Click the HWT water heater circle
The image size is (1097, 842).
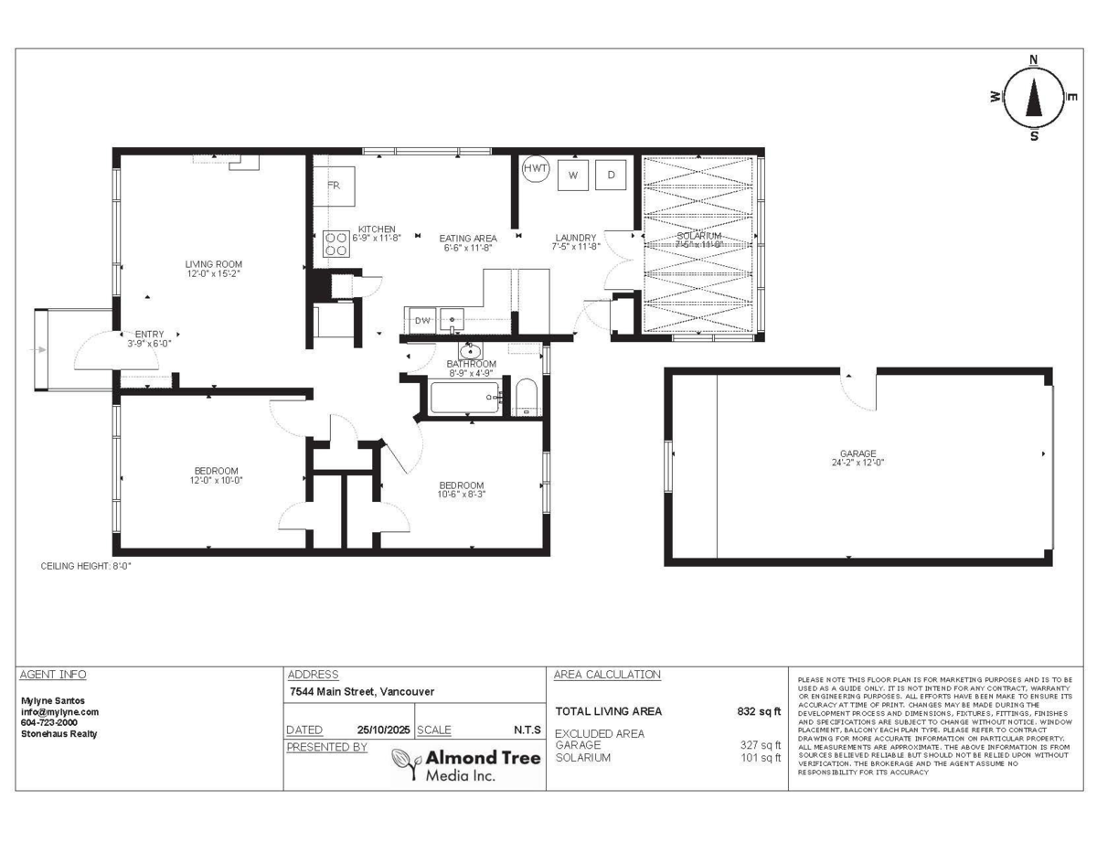(x=536, y=169)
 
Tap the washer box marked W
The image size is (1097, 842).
(x=573, y=175)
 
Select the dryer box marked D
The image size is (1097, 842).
(x=611, y=175)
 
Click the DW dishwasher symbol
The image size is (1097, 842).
(x=422, y=320)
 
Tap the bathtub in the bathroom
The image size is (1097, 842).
(x=464, y=398)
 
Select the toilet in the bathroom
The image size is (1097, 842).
(x=525, y=399)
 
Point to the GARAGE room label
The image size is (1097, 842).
(x=858, y=453)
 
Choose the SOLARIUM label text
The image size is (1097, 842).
(x=699, y=236)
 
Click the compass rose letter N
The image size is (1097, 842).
(x=1034, y=60)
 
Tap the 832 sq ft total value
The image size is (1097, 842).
(x=759, y=711)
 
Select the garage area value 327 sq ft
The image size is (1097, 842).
(x=761, y=745)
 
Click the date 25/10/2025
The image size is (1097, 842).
(x=381, y=730)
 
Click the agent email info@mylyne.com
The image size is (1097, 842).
(x=59, y=711)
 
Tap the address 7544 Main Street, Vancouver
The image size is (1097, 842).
(x=360, y=692)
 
